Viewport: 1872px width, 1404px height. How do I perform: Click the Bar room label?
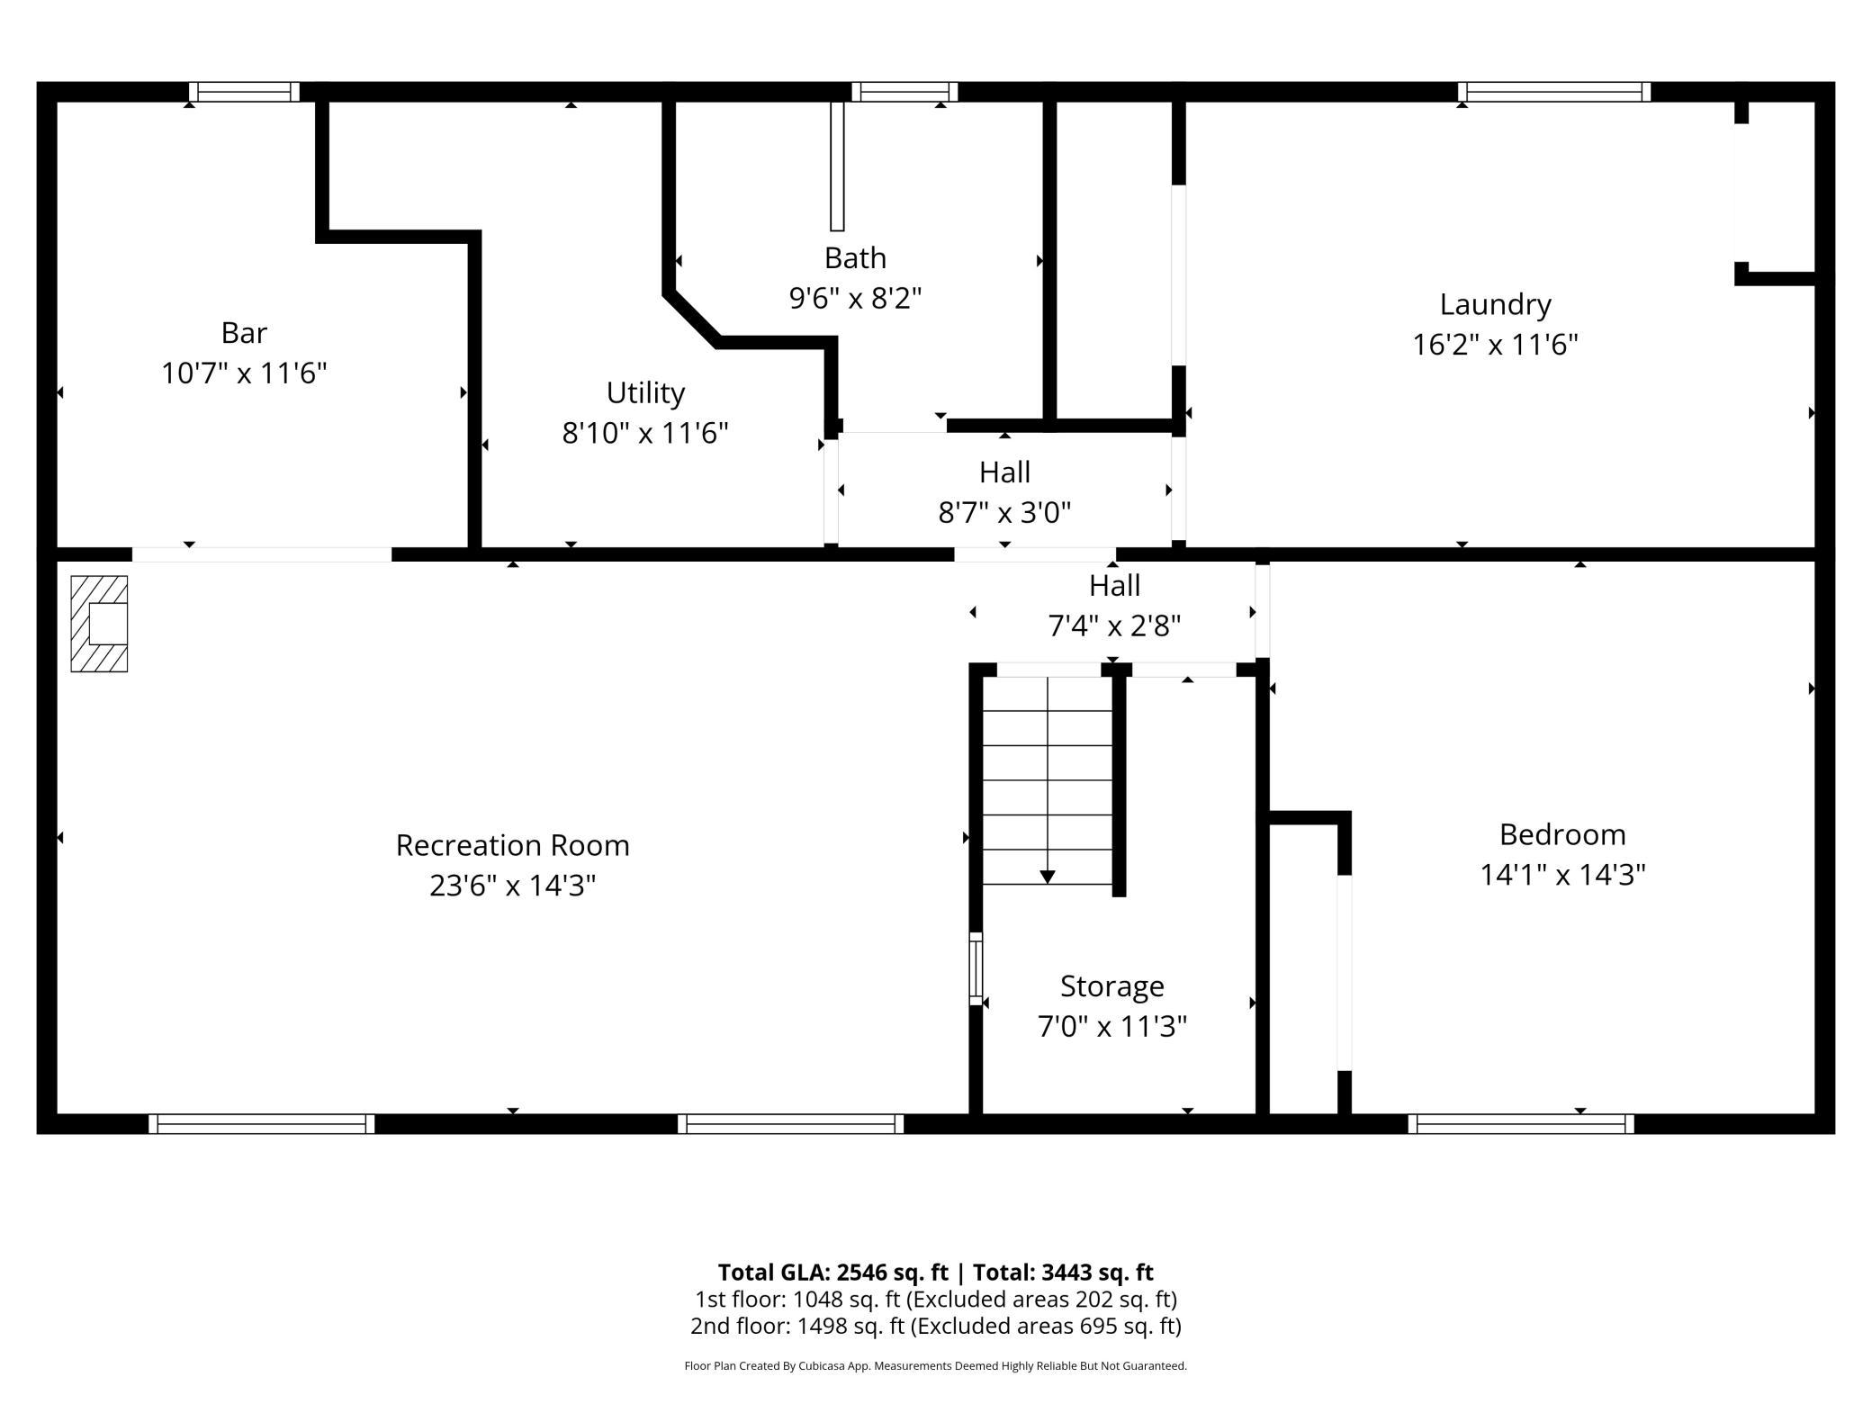click(x=244, y=333)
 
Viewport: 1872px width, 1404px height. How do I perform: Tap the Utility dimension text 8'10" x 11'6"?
click(x=645, y=433)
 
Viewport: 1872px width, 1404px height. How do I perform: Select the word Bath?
click(x=855, y=258)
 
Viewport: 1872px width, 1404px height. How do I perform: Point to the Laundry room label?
click(x=1495, y=305)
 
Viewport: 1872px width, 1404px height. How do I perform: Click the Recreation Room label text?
click(x=513, y=845)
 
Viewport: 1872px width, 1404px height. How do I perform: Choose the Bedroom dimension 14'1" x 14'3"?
click(x=1563, y=874)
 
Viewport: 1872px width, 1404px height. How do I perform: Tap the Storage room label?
click(x=1112, y=986)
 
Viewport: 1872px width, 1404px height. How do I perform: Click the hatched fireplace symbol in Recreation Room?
click(x=99, y=624)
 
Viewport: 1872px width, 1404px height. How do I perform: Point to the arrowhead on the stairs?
click(x=1048, y=877)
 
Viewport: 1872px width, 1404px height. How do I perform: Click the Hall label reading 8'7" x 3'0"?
click(x=1004, y=512)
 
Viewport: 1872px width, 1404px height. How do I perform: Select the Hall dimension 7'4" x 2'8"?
click(x=1115, y=625)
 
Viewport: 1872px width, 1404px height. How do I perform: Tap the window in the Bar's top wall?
click(x=244, y=92)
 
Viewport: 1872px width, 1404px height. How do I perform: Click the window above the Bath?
click(x=904, y=92)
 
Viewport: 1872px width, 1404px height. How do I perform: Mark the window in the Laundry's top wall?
click(x=1554, y=92)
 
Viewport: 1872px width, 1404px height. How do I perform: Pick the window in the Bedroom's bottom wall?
click(x=1521, y=1123)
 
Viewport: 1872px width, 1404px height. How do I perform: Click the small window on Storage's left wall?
click(x=976, y=968)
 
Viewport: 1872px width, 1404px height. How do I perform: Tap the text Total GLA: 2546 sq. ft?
click(x=832, y=1272)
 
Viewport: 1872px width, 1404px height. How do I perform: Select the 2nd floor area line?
click(x=936, y=1326)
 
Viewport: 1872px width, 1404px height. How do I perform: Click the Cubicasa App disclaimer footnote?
click(x=936, y=1365)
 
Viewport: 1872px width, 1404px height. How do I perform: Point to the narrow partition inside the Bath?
click(x=837, y=166)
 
